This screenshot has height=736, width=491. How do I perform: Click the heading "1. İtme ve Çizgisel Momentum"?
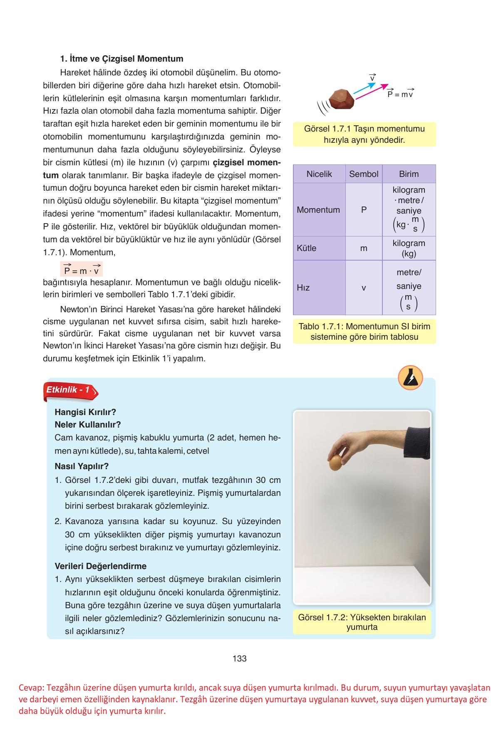[122, 59]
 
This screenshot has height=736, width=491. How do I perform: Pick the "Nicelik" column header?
[319, 174]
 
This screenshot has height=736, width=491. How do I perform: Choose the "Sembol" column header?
[364, 174]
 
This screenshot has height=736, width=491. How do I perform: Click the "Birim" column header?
[409, 174]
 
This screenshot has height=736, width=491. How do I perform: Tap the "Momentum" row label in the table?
[318, 210]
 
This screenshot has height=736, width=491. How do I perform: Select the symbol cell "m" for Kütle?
[364, 248]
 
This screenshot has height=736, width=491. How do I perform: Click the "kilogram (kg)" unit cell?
[409, 248]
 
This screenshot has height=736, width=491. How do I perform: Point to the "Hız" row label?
[303, 288]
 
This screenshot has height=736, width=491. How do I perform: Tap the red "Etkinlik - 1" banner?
[69, 390]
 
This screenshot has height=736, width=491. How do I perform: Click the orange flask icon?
[410, 378]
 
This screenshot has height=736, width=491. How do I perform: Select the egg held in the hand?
[335, 462]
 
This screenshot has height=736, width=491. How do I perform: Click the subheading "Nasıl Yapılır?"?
[82, 466]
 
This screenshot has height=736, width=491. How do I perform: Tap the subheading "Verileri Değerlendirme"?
[101, 566]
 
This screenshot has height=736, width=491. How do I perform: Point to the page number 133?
[240, 659]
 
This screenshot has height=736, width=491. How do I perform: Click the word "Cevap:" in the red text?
[31, 688]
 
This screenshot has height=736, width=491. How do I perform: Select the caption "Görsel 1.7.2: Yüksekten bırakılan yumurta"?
[362, 622]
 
